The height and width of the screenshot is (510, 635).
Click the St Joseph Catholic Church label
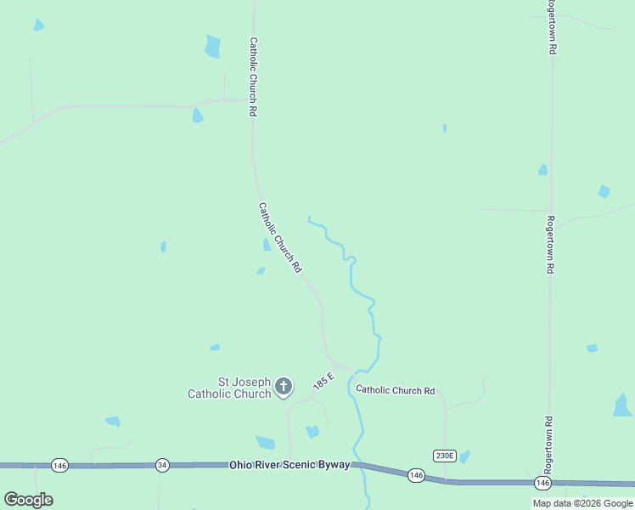(x=229, y=388)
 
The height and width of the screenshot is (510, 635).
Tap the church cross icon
(x=284, y=388)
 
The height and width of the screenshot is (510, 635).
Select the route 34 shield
(x=162, y=465)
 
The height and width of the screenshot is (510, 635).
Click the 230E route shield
(x=444, y=456)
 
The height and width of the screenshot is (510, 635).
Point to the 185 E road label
(x=323, y=379)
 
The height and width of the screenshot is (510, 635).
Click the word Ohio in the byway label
(x=241, y=465)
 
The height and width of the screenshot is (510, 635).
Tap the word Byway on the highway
(x=332, y=465)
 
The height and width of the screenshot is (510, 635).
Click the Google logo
(x=28, y=499)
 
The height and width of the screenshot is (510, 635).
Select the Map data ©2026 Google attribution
(x=582, y=503)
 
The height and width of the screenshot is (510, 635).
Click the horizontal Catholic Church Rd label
(x=395, y=390)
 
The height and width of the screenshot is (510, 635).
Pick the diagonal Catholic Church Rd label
(x=280, y=237)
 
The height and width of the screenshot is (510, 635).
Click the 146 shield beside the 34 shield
(x=59, y=465)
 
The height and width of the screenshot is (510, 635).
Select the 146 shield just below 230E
(x=414, y=474)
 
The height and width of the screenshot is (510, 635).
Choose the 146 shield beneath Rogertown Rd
(x=542, y=483)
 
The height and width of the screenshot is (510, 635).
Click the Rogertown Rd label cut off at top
(x=551, y=28)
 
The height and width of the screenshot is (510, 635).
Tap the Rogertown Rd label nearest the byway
(x=548, y=445)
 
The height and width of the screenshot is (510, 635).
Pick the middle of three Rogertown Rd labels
(x=550, y=244)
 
